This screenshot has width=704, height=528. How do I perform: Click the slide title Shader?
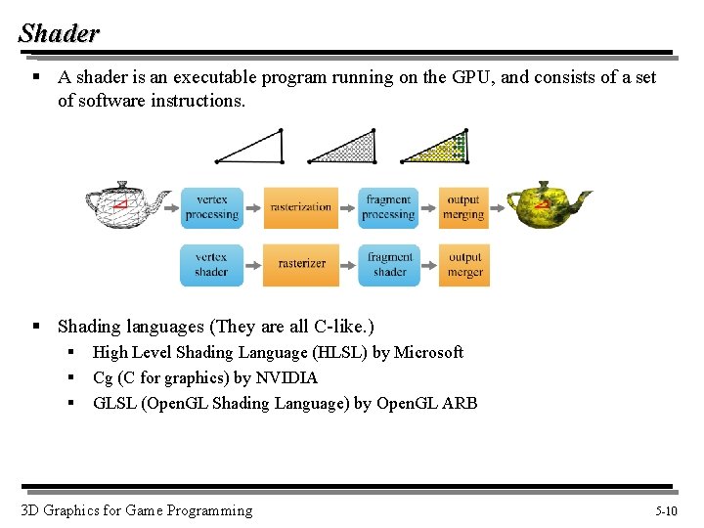coord(59,33)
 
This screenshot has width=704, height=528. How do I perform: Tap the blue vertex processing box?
coord(211,207)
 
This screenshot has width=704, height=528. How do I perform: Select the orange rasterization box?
coord(301,207)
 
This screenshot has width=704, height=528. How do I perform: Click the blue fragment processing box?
coord(388,207)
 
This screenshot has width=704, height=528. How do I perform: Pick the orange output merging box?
coord(463,207)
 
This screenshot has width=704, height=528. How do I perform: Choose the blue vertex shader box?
coord(211,264)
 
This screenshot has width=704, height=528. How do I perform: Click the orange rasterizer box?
coord(301,264)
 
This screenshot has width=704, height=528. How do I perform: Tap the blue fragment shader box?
coord(389,264)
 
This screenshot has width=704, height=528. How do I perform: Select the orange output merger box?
coord(464,264)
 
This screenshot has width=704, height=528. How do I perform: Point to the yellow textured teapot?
coord(548,205)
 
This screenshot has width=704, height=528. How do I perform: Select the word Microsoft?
coord(428,352)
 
